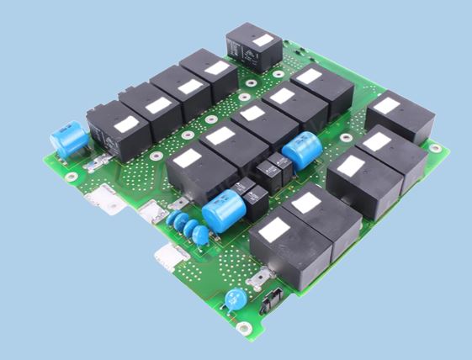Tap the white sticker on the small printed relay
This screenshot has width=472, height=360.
tap(262, 40)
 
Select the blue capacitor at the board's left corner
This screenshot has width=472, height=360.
tap(70, 140)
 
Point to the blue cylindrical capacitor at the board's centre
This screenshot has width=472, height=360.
tap(300, 152)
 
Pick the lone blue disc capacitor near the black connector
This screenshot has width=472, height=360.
tap(236, 299)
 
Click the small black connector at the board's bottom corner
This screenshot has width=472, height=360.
tap(271, 302)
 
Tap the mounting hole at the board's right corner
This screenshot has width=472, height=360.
tap(436, 147)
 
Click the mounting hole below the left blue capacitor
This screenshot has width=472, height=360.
tap(72, 176)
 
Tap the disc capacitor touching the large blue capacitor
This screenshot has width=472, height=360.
tap(201, 236)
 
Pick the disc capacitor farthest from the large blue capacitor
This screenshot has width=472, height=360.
tap(173, 220)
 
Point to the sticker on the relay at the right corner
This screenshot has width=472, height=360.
tap(387, 107)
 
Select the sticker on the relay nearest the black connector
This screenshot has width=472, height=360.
tap(274, 228)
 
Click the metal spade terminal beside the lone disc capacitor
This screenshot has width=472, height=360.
tap(263, 276)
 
